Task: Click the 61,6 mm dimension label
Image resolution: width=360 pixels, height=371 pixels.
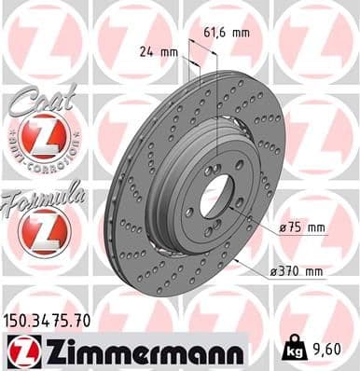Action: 227,32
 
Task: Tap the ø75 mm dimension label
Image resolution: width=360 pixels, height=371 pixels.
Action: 301,227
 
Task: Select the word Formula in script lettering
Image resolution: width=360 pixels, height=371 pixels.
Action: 42,195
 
